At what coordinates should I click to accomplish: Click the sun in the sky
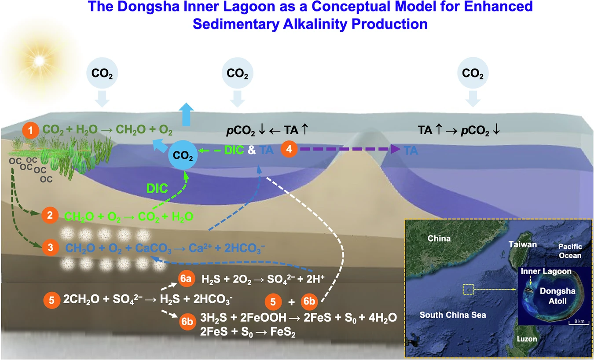pyautogui.click(x=39, y=61)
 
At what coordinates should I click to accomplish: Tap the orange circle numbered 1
pyautogui.click(x=30, y=130)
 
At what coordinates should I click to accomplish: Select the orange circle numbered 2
pyautogui.click(x=50, y=215)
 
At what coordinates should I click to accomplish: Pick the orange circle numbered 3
pyautogui.click(x=51, y=247)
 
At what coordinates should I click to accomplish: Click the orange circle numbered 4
pyautogui.click(x=289, y=149)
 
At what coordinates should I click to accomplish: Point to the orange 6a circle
pyautogui.click(x=186, y=279)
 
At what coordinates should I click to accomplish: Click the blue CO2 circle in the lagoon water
pyautogui.click(x=183, y=155)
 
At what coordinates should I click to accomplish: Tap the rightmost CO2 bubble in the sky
pyautogui.click(x=473, y=73)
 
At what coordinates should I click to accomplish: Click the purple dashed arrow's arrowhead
pyautogui.click(x=396, y=149)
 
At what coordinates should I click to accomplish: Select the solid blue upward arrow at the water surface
pyautogui.click(x=186, y=114)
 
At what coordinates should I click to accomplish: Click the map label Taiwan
pyautogui.click(x=522, y=244)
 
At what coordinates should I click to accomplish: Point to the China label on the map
pyautogui.click(x=439, y=238)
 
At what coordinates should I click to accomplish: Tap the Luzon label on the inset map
pyautogui.click(x=527, y=339)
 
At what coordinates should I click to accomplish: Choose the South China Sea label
pyautogui.click(x=453, y=315)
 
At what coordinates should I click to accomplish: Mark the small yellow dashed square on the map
pyautogui.click(x=468, y=290)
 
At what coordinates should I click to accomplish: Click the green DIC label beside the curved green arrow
pyautogui.click(x=157, y=188)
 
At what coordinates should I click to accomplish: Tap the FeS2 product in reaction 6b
pyautogui.click(x=282, y=332)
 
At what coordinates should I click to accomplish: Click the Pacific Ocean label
pyautogui.click(x=570, y=251)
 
